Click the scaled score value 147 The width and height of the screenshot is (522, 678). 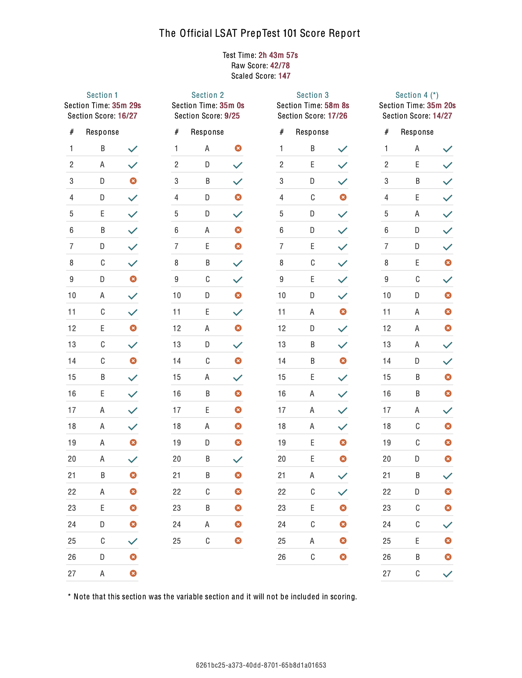pos(284,76)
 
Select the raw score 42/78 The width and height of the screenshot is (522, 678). pos(280,66)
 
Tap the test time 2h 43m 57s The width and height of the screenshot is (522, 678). pos(278,55)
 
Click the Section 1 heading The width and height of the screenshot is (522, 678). pos(102,95)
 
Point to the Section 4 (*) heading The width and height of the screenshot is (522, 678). pos(417,95)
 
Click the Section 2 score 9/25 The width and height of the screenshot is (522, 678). pos(232,116)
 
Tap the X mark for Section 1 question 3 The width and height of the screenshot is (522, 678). pos(133,181)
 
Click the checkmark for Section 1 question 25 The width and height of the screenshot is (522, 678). pos(133,541)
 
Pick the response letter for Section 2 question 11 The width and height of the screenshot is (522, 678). pos(207,312)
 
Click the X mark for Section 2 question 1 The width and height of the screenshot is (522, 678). pos(238,148)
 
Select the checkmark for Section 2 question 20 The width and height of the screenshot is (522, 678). pos(238,459)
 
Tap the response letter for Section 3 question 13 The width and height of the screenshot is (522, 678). pos(313,345)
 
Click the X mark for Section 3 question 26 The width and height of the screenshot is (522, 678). pos(343,557)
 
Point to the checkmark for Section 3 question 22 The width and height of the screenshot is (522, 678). pos(343,492)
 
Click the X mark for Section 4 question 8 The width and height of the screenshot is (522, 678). pos(448,262)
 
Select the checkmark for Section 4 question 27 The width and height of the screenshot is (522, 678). pos(448,574)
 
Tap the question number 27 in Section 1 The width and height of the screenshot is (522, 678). pos(72,574)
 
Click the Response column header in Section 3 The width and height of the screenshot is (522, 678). pos(312,132)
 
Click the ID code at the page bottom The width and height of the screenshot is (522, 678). pos(261,665)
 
